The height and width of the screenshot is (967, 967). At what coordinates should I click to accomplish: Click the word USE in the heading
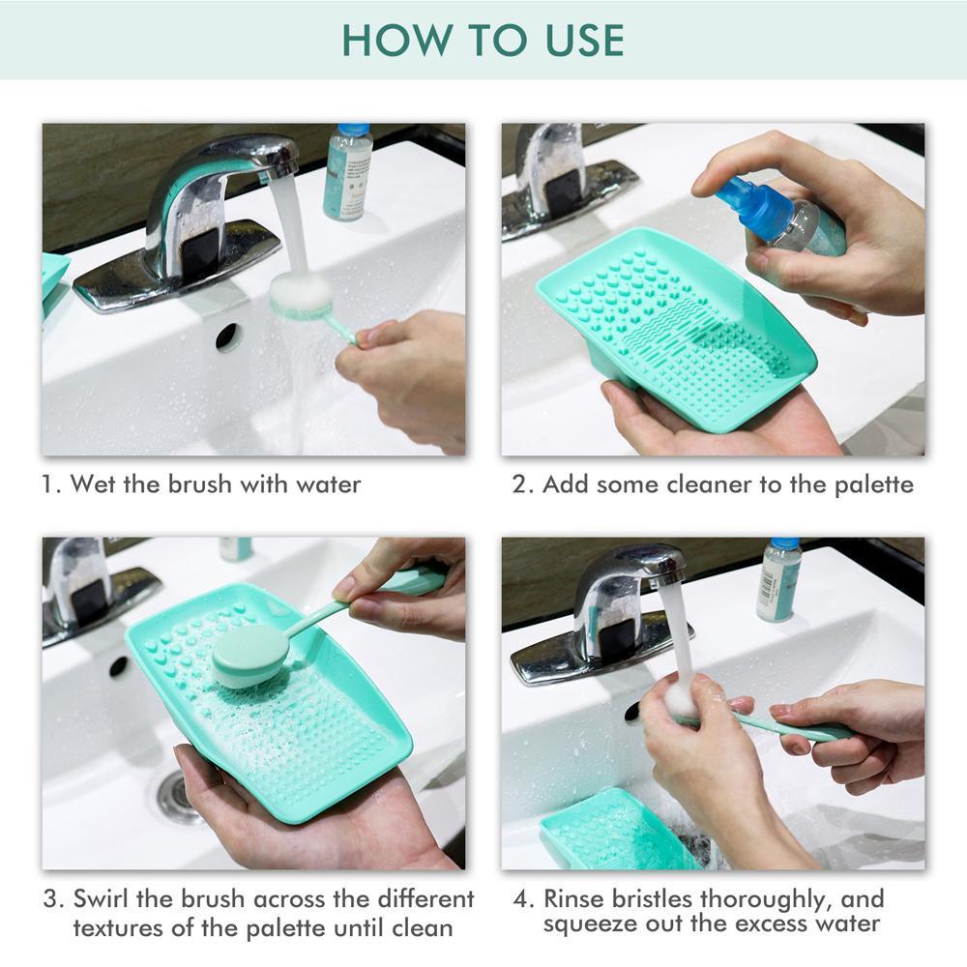[584, 41]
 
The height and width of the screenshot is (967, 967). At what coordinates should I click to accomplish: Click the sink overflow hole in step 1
[225, 337]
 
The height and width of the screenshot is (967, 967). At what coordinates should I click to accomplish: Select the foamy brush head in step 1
[301, 295]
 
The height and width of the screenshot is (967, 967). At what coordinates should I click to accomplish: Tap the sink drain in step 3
[177, 796]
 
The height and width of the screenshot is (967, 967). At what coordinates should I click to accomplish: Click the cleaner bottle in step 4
[778, 579]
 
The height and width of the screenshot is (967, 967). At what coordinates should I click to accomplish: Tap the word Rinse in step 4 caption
[574, 898]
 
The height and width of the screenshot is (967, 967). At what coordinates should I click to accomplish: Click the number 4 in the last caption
[520, 898]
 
